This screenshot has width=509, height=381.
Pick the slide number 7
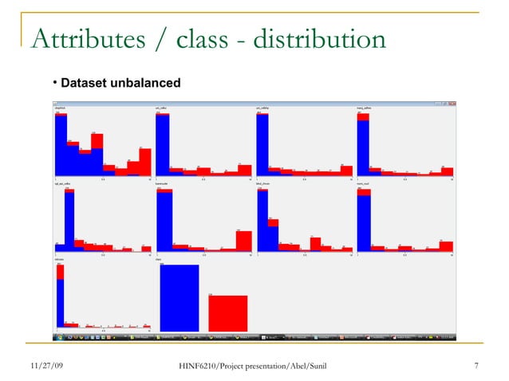point(475,366)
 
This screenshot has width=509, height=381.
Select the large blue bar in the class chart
point(179,296)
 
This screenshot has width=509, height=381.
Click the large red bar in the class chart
point(227,312)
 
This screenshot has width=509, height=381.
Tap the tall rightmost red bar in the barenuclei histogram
point(243,241)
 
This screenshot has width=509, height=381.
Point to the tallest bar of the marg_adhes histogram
point(363,143)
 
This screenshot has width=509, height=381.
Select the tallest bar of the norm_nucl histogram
point(364,219)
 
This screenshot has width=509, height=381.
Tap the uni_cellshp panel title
point(263,107)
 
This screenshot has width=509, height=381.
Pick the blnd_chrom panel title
point(264,183)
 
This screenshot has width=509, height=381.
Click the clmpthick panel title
point(61,107)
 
